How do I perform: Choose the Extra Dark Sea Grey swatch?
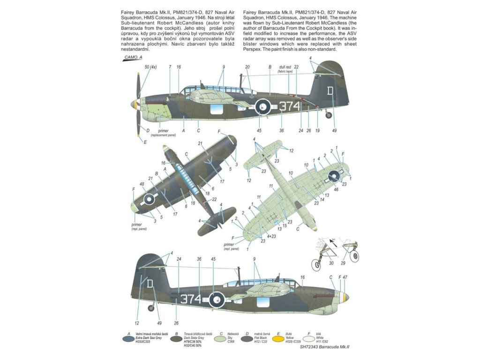pyautogui.click(x=126, y=337)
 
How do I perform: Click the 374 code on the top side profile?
pyautogui.click(x=289, y=106)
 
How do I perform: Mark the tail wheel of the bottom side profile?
pyautogui.click(x=151, y=307)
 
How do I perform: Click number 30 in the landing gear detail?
pyautogui.click(x=331, y=263)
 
